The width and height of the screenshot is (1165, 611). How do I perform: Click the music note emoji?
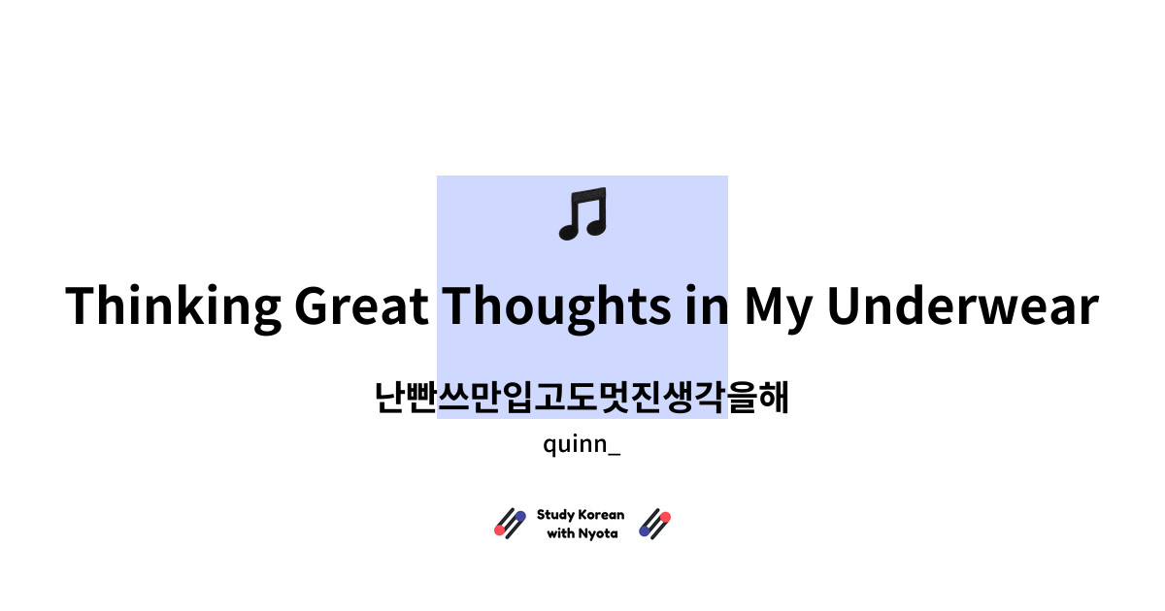click(582, 214)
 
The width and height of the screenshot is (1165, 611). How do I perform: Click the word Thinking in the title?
click(172, 306)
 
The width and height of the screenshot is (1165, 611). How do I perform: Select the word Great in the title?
click(361, 306)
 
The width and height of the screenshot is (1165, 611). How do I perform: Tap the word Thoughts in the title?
click(554, 306)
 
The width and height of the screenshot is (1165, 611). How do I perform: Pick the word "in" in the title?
click(703, 306)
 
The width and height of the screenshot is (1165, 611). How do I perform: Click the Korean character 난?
click(391, 398)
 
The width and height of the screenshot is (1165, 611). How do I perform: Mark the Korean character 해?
click(773, 398)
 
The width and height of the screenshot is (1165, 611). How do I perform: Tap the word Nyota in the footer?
click(598, 533)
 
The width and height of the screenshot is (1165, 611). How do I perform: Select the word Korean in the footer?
click(602, 515)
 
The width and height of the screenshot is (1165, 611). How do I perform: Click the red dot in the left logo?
click(500, 531)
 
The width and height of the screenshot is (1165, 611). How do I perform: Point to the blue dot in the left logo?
click(520, 516)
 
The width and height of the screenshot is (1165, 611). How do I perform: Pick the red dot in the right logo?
click(665, 516)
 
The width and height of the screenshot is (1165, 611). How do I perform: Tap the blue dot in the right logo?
click(645, 531)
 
